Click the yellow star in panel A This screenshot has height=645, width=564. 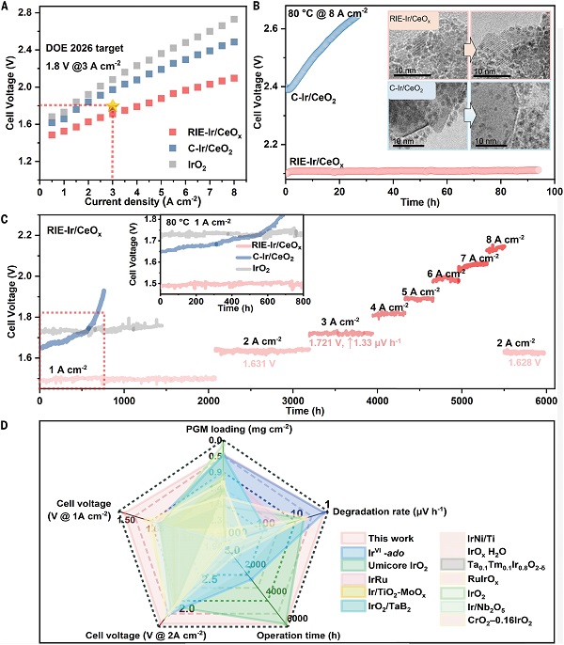(113, 106)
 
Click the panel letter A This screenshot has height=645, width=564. (8, 8)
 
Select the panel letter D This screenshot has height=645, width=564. (8, 425)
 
